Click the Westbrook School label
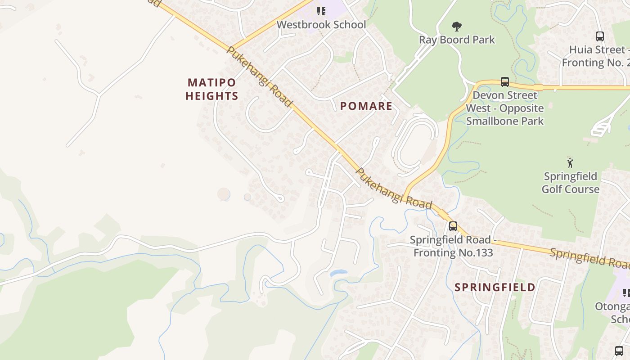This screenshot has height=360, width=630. [321, 25]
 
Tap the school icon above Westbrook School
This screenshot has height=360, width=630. [321, 11]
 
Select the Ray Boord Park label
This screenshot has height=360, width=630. [457, 40]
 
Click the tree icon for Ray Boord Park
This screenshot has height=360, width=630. [457, 27]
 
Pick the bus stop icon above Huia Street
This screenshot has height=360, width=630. [599, 36]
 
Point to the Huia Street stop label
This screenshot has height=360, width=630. [597, 56]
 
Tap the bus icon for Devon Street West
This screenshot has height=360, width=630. [505, 82]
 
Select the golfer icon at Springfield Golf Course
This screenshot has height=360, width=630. [570, 162]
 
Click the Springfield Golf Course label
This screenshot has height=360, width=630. [571, 183]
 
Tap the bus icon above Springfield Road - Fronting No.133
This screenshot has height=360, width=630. [453, 226]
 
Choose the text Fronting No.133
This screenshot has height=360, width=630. [453, 253]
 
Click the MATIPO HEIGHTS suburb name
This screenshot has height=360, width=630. [211, 89]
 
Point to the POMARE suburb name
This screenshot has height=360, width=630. [366, 106]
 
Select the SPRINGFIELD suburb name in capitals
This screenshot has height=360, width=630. [495, 287]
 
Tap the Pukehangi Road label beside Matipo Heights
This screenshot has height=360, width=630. [259, 76]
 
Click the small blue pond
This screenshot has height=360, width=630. [338, 273]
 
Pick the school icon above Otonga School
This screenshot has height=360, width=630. [626, 293]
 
